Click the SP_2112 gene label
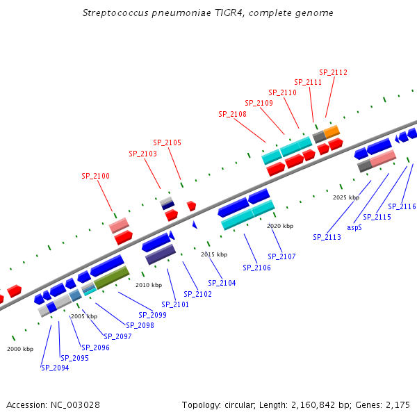[333, 72]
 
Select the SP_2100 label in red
[96, 177]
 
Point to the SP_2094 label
[55, 368]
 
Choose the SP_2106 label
[256, 268]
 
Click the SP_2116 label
[402, 206]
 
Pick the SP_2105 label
[167, 143]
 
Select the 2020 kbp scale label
[280, 226]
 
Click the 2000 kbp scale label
[20, 349]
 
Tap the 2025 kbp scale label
[346, 197]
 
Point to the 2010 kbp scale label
[149, 285]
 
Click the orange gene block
[332, 131]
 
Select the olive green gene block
[111, 277]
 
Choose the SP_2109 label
[259, 103]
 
